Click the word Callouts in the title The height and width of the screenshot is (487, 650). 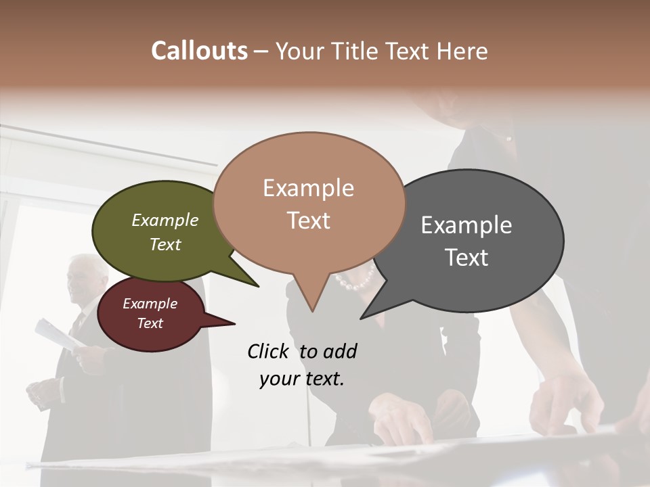[199, 51]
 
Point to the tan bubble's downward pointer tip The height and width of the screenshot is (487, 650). [312, 310]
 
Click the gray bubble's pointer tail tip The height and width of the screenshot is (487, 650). [362, 318]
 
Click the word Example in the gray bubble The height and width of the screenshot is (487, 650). [467, 225]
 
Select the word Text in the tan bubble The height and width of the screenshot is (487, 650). [309, 221]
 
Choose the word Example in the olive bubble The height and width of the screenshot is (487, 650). [165, 220]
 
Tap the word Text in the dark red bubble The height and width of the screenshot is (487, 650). [150, 323]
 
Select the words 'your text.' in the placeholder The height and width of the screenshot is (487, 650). [302, 379]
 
